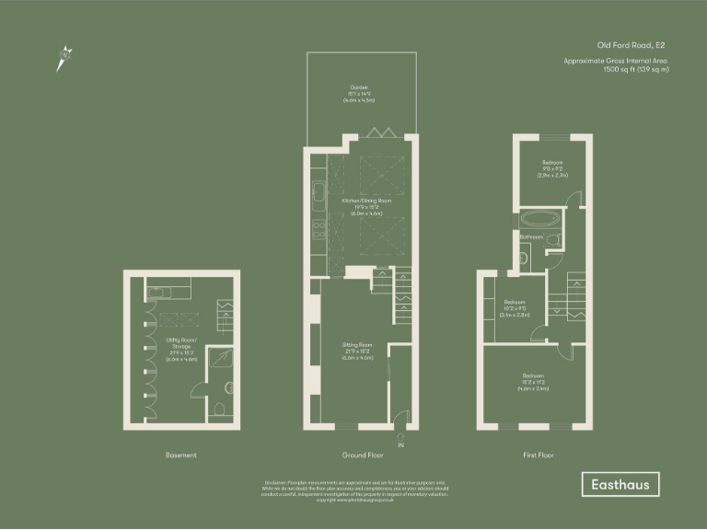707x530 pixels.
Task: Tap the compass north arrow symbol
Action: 64,58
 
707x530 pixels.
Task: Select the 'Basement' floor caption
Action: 180,455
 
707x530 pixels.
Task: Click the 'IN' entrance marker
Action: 400,445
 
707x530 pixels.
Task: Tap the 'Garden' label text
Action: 359,86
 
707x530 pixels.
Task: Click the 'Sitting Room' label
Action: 358,346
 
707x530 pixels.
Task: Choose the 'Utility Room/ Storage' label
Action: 179,345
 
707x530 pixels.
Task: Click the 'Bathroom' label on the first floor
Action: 531,237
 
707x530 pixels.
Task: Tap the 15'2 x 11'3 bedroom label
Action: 535,376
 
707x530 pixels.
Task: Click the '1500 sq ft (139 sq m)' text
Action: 635,69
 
